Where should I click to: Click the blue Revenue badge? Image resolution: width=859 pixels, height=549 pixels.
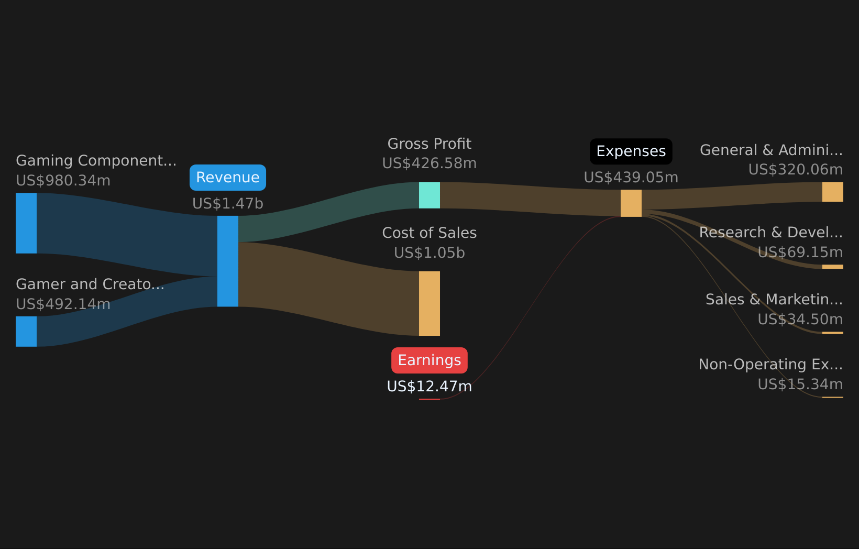[228, 178]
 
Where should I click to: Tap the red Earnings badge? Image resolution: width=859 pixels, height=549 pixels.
[429, 360]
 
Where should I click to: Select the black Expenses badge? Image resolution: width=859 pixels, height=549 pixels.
[631, 151]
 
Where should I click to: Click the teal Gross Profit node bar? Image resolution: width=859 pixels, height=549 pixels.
[429, 195]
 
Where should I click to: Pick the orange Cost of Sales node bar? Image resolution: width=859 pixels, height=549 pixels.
[429, 303]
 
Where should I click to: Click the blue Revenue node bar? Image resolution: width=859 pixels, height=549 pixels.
[228, 261]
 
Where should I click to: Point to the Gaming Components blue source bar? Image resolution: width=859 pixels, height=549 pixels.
[26, 223]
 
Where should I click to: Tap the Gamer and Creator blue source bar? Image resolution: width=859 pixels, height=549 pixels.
[26, 332]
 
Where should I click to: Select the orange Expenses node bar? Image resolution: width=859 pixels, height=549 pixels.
[631, 203]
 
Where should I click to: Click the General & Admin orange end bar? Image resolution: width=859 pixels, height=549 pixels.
[832, 192]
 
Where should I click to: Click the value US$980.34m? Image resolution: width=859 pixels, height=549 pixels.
[63, 180]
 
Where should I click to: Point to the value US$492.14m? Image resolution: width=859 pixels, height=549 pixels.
[63, 304]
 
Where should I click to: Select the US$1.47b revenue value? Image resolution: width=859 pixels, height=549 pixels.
[228, 203]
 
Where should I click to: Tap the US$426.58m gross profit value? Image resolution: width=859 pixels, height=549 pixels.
[429, 163]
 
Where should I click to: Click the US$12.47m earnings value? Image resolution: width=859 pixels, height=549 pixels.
[429, 386]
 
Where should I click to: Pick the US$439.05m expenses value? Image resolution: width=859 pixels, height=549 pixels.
[631, 177]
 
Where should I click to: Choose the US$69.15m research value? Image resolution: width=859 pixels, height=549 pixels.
[800, 252]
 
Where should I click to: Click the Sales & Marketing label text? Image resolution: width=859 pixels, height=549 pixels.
[774, 299]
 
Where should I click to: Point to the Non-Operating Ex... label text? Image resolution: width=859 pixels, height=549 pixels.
[771, 365]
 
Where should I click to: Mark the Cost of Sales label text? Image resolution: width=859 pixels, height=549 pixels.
[429, 233]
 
